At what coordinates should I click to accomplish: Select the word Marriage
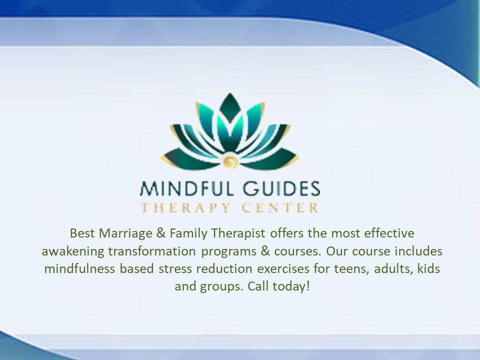coord(121,233)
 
